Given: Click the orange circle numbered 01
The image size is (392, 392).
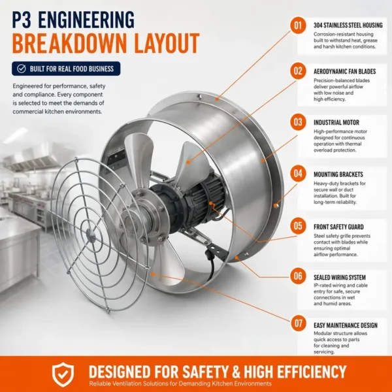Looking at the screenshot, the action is coord(298,25).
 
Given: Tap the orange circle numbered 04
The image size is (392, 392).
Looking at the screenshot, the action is coord(298,173).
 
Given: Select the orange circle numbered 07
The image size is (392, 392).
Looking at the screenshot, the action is coord(298,323).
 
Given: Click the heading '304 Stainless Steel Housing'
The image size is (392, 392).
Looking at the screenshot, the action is coord(348,25).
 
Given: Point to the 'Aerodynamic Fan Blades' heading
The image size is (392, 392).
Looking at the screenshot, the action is coord(344,71).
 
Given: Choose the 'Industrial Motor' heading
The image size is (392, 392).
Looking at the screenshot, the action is coord(336,123).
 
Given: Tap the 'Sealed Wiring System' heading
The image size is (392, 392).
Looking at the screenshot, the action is coord(340,278).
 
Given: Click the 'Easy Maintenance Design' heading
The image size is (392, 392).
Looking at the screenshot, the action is coord(346,325).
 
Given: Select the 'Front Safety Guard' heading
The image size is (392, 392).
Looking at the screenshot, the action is coord(338,227).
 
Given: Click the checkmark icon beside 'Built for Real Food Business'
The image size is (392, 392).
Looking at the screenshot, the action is coord(22,69).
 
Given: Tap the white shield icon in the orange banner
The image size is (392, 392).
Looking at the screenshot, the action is coord(63,374).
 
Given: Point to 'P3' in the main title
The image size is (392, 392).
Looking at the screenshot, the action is coord(22,20).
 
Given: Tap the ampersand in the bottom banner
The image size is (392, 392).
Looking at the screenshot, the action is coord(237,372).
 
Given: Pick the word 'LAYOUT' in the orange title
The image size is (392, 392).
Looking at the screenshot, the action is coord(167,43).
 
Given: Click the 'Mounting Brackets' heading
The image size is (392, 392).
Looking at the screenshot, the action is coord(338,174).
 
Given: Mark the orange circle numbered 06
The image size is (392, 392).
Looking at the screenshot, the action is coord(298,276).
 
